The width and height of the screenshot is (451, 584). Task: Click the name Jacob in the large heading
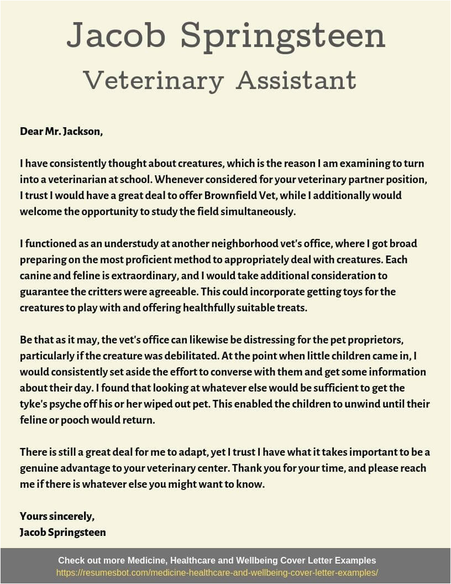116,36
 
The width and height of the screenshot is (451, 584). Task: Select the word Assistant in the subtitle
296,81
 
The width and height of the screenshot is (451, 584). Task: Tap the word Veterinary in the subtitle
153,81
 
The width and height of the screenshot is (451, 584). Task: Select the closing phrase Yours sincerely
57,516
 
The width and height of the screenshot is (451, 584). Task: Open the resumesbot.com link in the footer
217,573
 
